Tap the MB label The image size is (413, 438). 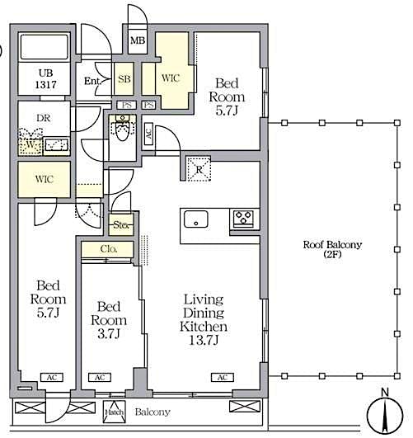[137, 40]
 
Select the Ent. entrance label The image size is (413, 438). [92, 81]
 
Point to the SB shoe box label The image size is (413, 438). [124, 79]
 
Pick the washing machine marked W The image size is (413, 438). [31, 145]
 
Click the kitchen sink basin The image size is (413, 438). [196, 219]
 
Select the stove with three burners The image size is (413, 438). [244, 219]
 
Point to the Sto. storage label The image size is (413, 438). [122, 223]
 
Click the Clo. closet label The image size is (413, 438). [109, 248]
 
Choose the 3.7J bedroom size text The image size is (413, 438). [109, 334]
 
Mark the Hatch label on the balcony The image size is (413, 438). [114, 412]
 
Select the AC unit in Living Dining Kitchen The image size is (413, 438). [221, 377]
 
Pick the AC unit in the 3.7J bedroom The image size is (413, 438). [100, 377]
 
